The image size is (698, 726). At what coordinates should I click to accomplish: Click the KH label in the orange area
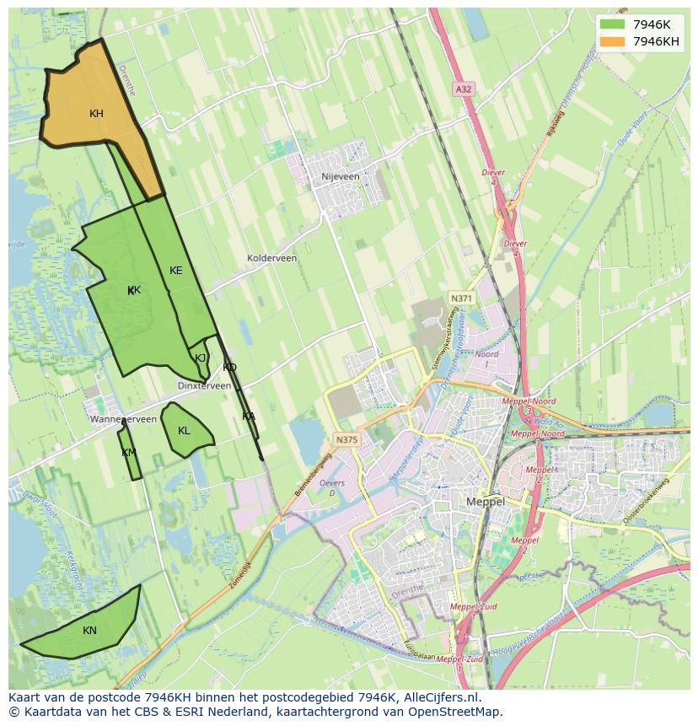tap(96, 113)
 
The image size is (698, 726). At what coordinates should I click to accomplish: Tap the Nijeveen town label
tap(341, 177)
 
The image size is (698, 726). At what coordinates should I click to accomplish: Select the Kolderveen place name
tap(271, 258)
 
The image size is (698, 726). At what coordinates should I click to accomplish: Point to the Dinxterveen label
tap(204, 385)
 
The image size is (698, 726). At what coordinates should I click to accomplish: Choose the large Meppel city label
tap(486, 502)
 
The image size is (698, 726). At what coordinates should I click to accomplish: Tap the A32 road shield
tap(463, 89)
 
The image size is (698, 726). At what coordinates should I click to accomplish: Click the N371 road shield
tap(461, 298)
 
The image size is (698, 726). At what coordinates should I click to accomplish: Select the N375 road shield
tap(346, 439)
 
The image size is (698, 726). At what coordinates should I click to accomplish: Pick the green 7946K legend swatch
tap(612, 24)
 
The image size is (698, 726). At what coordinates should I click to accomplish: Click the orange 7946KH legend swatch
tap(612, 41)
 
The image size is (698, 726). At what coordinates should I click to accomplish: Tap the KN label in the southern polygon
tap(89, 630)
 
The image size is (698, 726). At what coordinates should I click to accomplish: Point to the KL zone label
tap(184, 431)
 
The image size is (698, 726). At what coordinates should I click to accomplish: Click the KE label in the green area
tap(175, 271)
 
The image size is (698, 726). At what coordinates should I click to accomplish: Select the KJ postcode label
tap(201, 358)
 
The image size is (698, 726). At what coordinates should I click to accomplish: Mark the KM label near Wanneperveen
tap(128, 453)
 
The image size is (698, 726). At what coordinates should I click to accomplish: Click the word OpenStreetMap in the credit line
tap(459, 712)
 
